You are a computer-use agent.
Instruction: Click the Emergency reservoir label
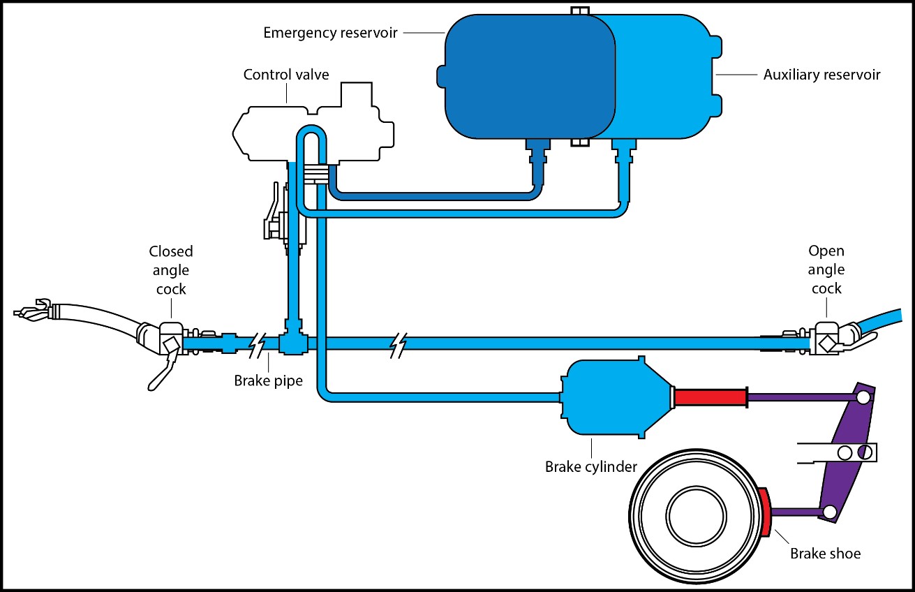click(329, 32)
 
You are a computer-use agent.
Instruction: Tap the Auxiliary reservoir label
click(821, 75)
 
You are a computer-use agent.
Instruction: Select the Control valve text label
click(285, 74)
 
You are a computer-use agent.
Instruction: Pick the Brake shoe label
click(825, 554)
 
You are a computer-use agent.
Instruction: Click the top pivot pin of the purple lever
click(863, 397)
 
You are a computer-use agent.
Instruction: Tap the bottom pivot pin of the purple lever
click(829, 512)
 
